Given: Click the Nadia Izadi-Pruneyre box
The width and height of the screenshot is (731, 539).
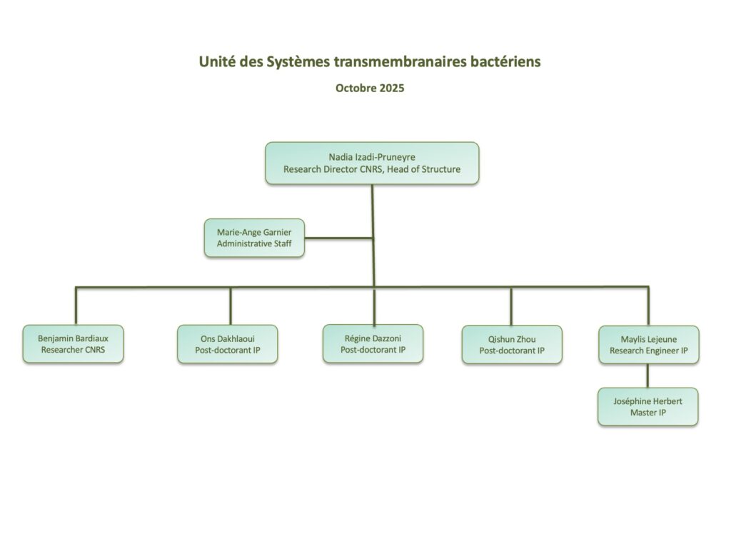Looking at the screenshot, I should point(372,163).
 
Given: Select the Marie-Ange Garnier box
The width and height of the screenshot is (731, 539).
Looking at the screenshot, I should point(254,238).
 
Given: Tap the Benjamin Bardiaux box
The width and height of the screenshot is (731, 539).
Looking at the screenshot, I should point(72,343).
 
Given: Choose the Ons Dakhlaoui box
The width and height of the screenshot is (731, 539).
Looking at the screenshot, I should point(227,344).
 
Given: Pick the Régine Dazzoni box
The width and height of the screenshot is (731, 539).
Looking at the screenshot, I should point(373,343).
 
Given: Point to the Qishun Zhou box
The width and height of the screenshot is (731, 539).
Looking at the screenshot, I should point(511,344).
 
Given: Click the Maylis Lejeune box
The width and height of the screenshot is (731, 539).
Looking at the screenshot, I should point(648,344).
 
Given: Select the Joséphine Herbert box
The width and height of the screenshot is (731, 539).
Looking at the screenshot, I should point(647,406).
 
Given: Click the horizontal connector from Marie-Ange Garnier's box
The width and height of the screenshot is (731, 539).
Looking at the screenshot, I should point(338,238).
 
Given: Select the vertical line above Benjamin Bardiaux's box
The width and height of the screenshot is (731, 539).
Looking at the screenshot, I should point(76,306).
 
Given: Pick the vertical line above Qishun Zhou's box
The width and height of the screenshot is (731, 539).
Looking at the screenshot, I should point(511,306).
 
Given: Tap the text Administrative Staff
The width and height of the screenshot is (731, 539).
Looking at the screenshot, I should point(254,244).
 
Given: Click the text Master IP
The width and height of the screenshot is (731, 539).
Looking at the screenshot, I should point(647,413).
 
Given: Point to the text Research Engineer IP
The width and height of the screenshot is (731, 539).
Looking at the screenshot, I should point(648,351).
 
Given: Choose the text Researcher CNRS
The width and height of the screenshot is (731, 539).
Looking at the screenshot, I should point(72,350).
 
